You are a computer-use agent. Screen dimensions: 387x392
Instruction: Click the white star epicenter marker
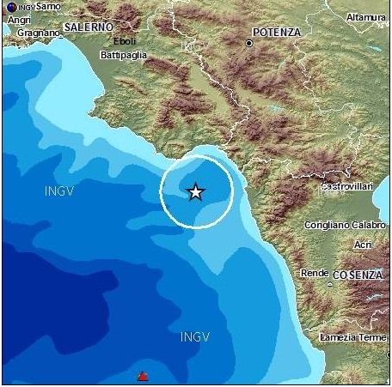pos(196,191)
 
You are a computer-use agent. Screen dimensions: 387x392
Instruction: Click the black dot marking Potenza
pos(249,42)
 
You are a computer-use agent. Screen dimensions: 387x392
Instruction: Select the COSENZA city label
pos(358,274)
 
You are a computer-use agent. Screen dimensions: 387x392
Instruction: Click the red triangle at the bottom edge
pos(144,376)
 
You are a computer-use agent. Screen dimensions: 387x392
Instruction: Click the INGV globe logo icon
pos(10,8)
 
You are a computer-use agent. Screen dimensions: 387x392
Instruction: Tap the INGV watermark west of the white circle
pos(59,190)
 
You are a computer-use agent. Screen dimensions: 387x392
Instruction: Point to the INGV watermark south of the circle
pos(195,337)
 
